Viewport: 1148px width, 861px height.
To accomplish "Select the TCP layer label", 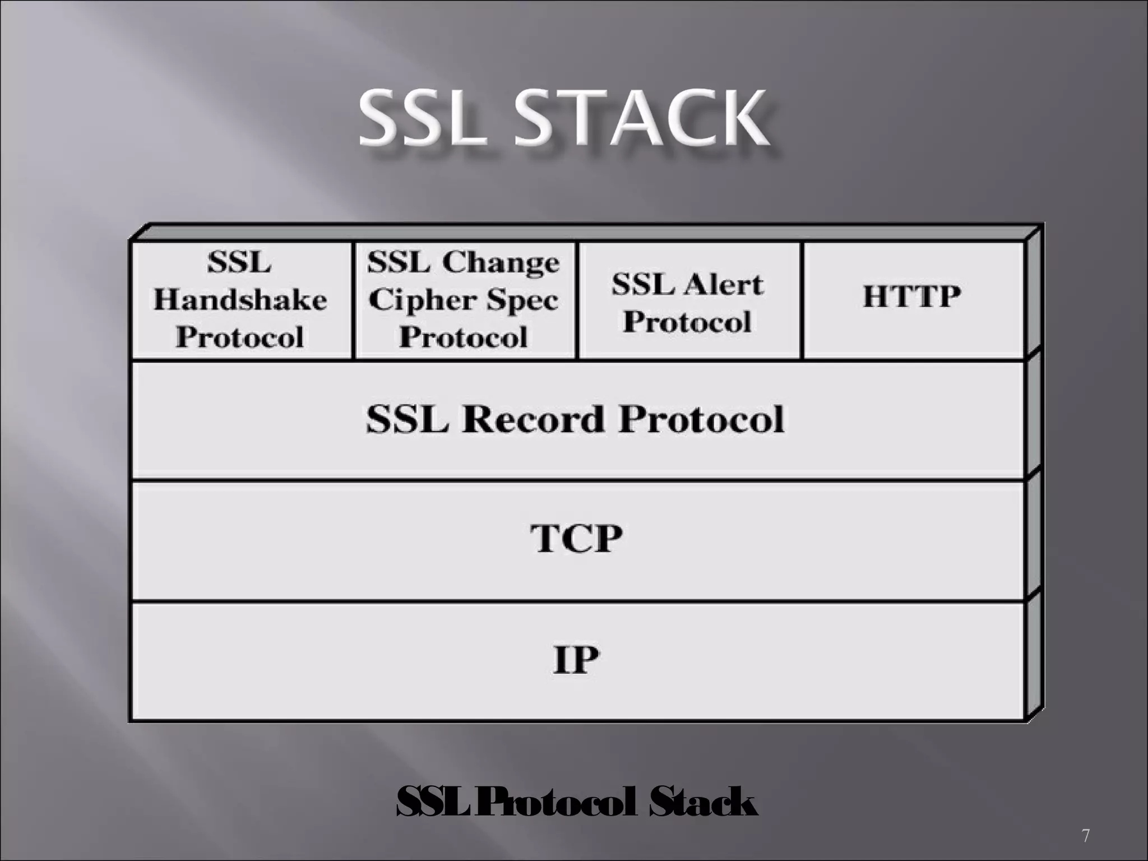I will click(576, 538).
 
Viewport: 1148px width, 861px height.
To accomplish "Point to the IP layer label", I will click(576, 659).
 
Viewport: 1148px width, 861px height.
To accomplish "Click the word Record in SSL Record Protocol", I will click(533, 419).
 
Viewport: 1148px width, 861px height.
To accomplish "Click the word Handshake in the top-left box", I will click(240, 300).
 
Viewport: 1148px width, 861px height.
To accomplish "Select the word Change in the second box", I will click(501, 262).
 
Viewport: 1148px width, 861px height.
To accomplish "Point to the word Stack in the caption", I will click(703, 803).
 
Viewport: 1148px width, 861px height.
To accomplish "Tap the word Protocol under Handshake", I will click(240, 337).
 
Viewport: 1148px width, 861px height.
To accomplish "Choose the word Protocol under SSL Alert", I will click(687, 322).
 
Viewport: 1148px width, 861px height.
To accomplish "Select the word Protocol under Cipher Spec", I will click(464, 337).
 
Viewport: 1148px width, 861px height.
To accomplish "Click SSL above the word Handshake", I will click(239, 262).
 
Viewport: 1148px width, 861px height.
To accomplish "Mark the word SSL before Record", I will click(407, 419).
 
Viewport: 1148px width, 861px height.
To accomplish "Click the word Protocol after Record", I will click(701, 419).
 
